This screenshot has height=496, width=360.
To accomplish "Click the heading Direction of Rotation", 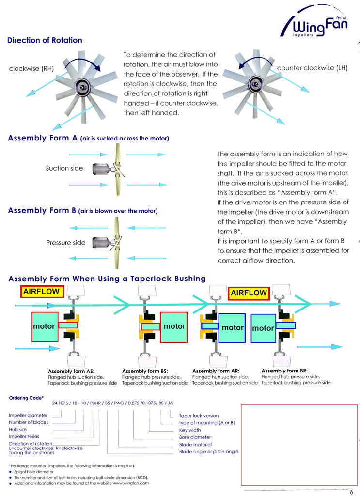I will (45, 40).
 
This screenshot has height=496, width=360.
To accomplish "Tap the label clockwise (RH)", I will (31, 68).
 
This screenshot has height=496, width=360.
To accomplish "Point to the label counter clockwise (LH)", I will (313, 68).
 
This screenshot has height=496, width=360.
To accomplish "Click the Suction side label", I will (64, 168).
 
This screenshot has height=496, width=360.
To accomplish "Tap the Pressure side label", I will (66, 243).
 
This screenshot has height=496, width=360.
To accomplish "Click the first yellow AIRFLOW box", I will (42, 291).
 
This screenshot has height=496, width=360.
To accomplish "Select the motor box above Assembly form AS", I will (44, 326).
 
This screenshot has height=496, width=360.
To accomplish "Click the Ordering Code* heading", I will (26, 398).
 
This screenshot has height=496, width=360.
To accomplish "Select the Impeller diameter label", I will (28, 415).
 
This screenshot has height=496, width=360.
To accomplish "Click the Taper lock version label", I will (199, 416).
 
